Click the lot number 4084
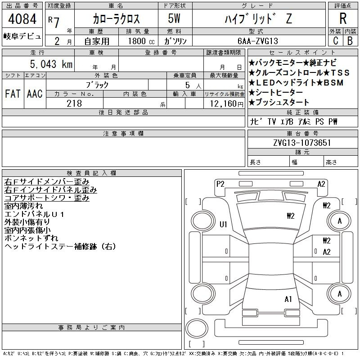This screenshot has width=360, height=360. point(22,19)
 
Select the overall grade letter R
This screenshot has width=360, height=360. point(343,18)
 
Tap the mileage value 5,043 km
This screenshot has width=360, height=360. point(51,64)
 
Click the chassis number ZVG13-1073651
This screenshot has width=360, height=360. point(302,143)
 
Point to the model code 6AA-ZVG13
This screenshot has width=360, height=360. point(258,41)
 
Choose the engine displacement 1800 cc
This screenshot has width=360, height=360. point(141,41)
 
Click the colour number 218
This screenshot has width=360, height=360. point(74,103)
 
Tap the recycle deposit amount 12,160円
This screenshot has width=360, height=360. point(227,104)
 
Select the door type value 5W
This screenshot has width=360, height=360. point(174,18)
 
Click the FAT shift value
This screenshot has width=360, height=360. point(13,94)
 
